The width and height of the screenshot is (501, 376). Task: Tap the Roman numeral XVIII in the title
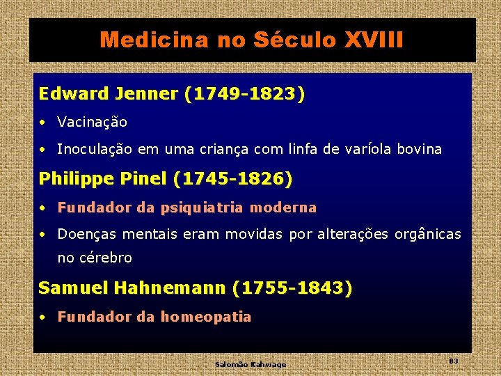[x=374, y=40]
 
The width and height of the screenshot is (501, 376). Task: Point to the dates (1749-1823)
[x=245, y=94]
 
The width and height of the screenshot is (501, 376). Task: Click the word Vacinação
[x=93, y=123]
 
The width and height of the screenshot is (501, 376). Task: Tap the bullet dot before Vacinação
[x=43, y=123]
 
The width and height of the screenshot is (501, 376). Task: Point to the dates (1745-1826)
[x=233, y=179]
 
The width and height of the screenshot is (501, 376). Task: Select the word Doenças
[x=83, y=235]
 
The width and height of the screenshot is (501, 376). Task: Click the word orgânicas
[x=427, y=235]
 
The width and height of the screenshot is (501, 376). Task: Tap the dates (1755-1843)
[x=293, y=288]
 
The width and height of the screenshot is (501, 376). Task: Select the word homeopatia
[x=206, y=317]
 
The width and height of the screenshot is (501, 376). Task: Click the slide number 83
[x=454, y=361]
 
